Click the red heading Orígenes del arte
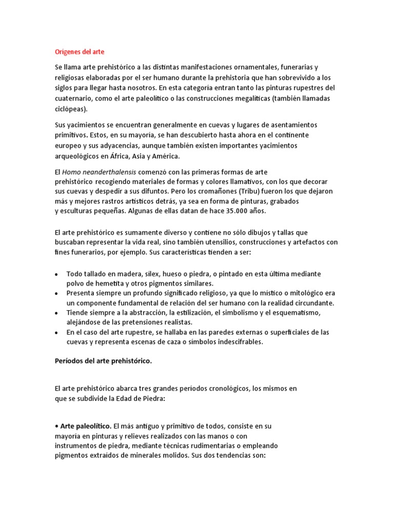[x=80, y=52]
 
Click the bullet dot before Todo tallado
[x=56, y=274]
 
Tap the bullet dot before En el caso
[x=56, y=333]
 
